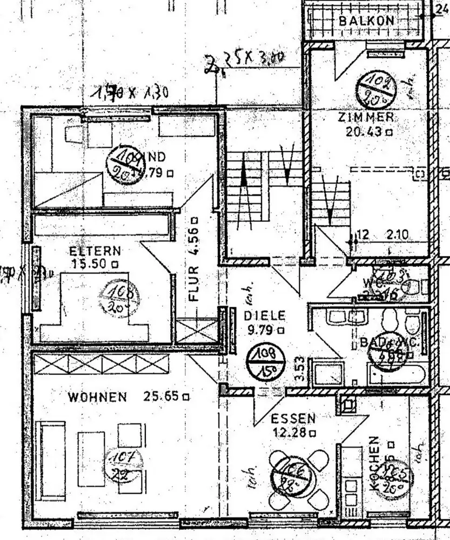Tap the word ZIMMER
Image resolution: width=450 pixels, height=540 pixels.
(x=366, y=117)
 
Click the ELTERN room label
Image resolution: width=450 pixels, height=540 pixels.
(x=95, y=251)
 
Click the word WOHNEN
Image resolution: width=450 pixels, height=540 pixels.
(x=97, y=397)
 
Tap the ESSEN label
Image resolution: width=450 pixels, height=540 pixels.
(x=293, y=418)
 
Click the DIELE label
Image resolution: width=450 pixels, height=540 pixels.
(x=264, y=316)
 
